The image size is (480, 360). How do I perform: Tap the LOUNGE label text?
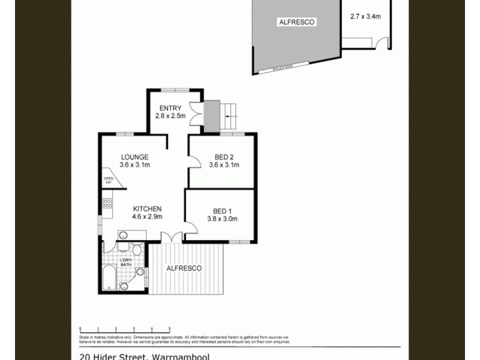134,157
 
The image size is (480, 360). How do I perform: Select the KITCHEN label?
148,209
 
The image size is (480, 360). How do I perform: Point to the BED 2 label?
223,157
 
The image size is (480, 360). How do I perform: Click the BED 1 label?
222,211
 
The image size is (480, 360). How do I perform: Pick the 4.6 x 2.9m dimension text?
148,217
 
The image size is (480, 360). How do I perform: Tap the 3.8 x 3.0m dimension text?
222,218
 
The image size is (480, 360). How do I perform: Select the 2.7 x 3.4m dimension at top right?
365,17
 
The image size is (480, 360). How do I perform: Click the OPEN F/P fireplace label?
109,180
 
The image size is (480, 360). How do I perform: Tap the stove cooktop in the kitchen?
107,203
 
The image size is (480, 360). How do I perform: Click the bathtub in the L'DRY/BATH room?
109,278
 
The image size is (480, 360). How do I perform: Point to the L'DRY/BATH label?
125,262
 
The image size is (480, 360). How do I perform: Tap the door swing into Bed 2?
195,160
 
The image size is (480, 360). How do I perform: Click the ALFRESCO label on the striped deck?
184,268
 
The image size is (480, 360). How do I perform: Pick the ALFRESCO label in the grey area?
296,22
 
